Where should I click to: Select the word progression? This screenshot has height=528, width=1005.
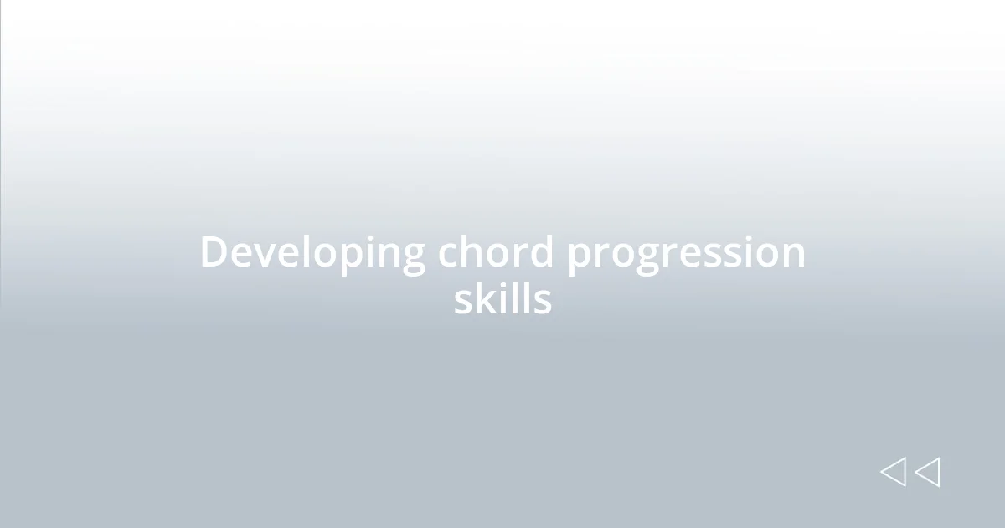pyautogui.click(x=686, y=255)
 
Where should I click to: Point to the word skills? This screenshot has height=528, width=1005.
pyautogui.click(x=502, y=298)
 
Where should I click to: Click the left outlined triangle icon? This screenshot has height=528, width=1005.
pyautogui.click(x=893, y=472)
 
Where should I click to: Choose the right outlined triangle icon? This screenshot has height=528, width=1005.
pyautogui.click(x=927, y=472)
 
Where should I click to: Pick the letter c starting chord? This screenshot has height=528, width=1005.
pyautogui.click(x=448, y=254)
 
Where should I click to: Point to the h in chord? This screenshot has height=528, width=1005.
pyautogui.click(x=472, y=251)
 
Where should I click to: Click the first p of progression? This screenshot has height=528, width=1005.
pyautogui.click(x=580, y=257)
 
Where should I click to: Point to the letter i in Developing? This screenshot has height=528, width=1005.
pyautogui.click(x=367, y=251)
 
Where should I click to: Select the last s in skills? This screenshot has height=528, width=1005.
pyautogui.click(x=543, y=301)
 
